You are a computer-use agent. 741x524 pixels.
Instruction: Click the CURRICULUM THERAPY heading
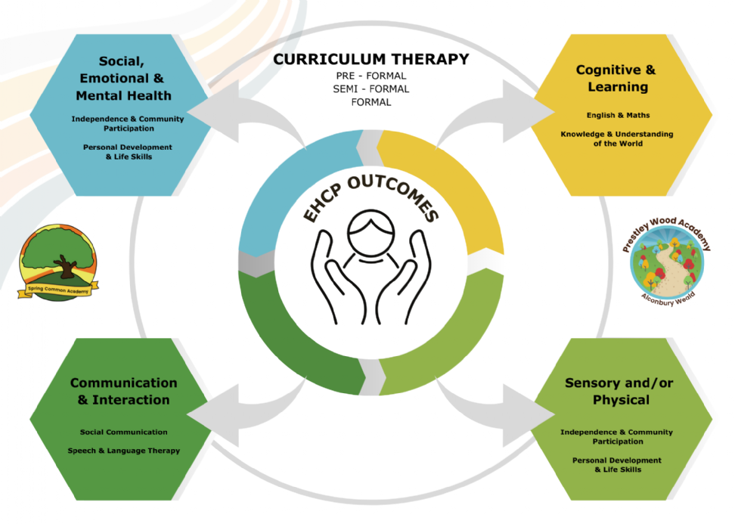[371, 59]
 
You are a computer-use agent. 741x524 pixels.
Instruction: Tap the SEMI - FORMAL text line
[371, 88]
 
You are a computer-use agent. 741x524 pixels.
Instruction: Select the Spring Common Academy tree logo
[58, 262]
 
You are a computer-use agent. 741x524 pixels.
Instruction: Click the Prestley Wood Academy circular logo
[666, 262]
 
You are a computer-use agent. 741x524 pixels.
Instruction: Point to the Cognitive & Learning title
[616, 78]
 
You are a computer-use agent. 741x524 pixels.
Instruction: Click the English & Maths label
[619, 115]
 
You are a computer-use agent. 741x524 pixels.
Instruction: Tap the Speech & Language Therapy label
[124, 451]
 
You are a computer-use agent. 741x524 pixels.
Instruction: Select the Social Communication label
[124, 432]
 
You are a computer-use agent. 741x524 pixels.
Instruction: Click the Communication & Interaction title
[124, 391]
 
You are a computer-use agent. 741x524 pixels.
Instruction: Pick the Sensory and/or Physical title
[619, 391]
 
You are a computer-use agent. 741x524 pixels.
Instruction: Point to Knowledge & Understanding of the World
[617, 139]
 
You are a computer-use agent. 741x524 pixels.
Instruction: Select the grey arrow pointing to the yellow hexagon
[491, 113]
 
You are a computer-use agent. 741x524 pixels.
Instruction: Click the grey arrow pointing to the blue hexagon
[248, 113]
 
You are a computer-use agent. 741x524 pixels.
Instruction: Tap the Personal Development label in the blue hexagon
[128, 152]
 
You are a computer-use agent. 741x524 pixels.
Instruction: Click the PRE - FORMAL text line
[371, 76]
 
